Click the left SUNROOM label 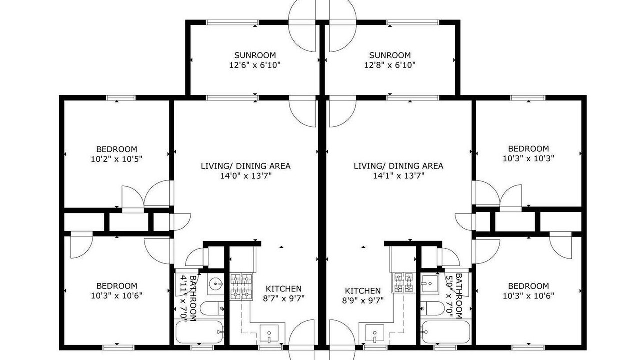pos(255,55)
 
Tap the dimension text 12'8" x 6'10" pos(389,65)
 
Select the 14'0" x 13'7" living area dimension pos(245,176)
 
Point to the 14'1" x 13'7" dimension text pos(399,176)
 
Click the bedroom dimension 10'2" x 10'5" pos(117,159)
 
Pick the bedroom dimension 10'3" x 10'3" pos(528,158)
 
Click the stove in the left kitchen pos(241,287)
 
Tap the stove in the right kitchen pos(403,283)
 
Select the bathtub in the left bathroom pos(199,332)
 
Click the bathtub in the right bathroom pos(446,332)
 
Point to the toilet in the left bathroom pos(212,309)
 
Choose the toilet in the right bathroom pos(432,308)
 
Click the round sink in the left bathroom pos(215,284)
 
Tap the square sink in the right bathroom pos(429,283)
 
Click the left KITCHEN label pos(283,289)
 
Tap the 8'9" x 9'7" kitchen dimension pos(363,301)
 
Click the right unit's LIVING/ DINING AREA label pos(399,166)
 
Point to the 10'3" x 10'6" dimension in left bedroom pos(117,296)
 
